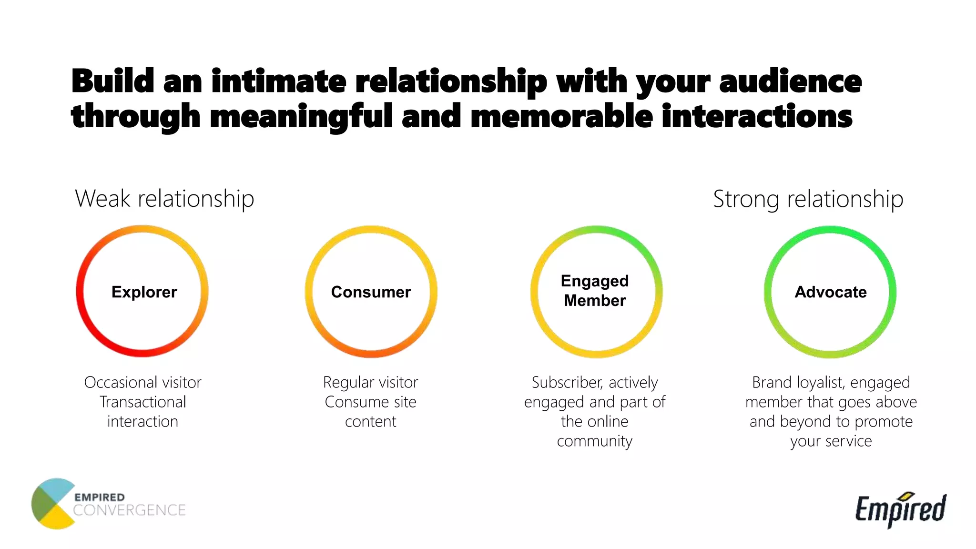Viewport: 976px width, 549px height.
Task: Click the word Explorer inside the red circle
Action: tap(144, 292)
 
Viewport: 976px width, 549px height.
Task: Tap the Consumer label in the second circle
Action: tap(371, 292)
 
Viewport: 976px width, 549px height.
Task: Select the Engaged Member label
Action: tap(595, 291)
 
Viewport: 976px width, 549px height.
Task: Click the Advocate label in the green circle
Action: tap(831, 292)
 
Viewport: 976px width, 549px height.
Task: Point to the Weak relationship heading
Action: tap(164, 199)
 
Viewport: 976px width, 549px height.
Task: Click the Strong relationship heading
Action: tap(808, 199)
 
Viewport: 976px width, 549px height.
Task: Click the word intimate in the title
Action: tap(279, 81)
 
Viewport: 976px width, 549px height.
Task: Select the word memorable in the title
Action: tap(561, 116)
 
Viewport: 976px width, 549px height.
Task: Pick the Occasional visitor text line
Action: tap(142, 382)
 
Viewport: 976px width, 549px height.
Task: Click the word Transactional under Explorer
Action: tap(142, 402)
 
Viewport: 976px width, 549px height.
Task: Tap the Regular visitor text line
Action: tap(370, 382)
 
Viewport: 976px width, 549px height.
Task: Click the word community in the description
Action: tap(594, 441)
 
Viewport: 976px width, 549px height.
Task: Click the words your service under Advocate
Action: tap(831, 441)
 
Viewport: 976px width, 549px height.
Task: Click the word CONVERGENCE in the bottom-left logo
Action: tap(129, 510)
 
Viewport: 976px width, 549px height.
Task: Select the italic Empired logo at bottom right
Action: tap(901, 509)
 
